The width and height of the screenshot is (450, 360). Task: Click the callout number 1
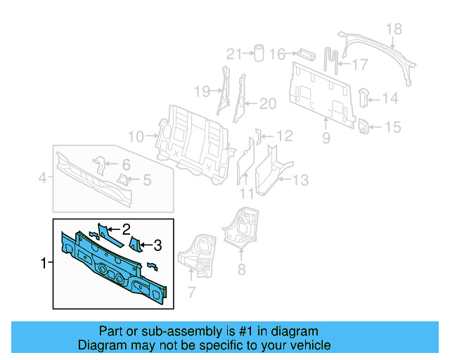pyautogui.click(x=44, y=263)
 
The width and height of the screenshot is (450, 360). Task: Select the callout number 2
pyautogui.click(x=126, y=229)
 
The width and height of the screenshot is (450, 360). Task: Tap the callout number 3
pyautogui.click(x=157, y=245)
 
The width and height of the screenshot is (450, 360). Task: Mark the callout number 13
pyautogui.click(x=300, y=181)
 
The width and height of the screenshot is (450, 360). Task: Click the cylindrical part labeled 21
pyautogui.click(x=258, y=53)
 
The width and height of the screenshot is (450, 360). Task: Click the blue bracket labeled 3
pyautogui.click(x=136, y=245)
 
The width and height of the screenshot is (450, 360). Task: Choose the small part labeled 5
pyautogui.click(x=124, y=180)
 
